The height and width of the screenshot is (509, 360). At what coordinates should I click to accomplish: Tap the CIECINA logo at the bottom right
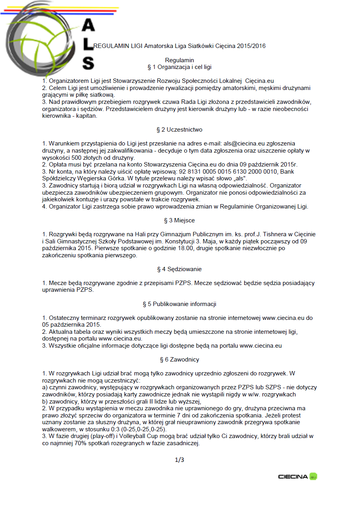point(297,476)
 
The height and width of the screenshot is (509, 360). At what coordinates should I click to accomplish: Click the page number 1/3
point(180,460)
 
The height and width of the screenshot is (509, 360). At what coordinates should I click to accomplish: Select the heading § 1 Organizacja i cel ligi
point(180,67)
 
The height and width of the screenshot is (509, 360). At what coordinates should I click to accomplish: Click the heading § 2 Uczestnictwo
point(180,130)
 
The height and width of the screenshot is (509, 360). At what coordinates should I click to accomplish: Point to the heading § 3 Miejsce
point(180,220)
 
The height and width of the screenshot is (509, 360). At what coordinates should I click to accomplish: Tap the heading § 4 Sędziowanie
point(180,269)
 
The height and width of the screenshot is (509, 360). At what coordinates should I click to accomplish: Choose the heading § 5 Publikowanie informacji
point(180,304)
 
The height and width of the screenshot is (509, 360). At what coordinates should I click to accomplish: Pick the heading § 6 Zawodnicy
point(180,360)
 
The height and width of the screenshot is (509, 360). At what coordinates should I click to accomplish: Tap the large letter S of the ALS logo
point(88,63)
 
